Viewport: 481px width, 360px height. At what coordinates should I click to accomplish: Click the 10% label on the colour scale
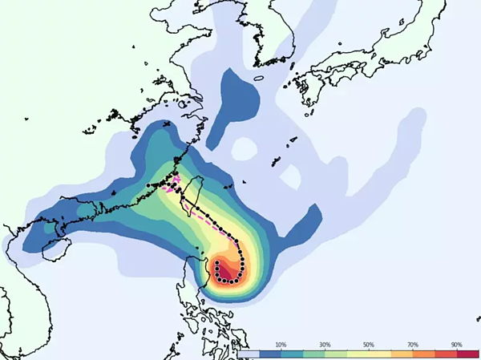click(x=281, y=344)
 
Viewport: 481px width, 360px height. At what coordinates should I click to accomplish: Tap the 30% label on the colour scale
click(x=325, y=344)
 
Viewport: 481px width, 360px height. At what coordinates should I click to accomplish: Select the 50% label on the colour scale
click(x=369, y=344)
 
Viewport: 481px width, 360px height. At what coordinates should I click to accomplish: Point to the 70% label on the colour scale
click(x=413, y=344)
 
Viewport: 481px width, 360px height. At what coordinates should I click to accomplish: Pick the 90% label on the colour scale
click(x=457, y=344)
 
